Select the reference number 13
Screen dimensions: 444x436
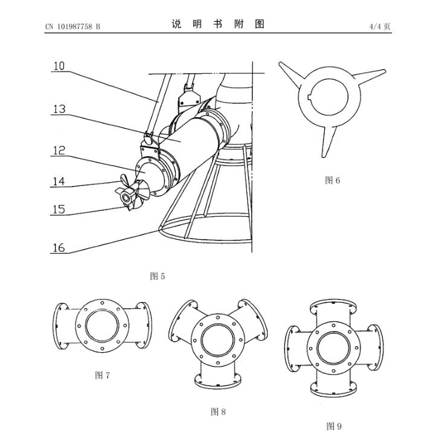tap(59, 109)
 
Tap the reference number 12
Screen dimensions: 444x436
tap(59, 150)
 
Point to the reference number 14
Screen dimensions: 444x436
tap(59, 181)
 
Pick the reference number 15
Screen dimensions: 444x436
tap(59, 209)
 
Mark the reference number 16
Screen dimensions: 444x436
tap(59, 248)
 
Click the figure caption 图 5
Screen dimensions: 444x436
tap(157, 276)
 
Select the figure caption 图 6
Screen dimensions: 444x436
tap(333, 180)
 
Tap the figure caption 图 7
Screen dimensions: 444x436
tap(103, 375)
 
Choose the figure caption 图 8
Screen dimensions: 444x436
tap(218, 411)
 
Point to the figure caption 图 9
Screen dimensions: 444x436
tap(334, 426)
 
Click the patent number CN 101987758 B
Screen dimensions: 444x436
tap(72, 27)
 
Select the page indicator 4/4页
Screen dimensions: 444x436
tap(380, 27)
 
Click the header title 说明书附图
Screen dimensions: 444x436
tap(218, 25)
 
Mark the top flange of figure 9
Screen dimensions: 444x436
tap(333, 305)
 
